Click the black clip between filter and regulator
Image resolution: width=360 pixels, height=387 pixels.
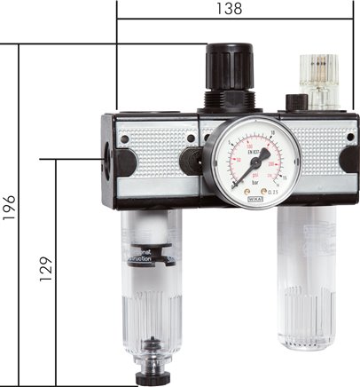[x=191, y=160]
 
